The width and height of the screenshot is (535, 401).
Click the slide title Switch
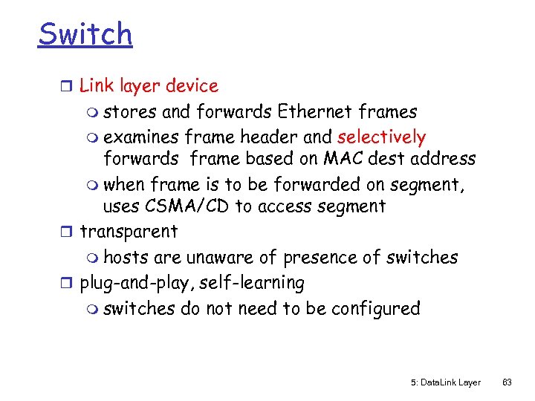click(x=85, y=34)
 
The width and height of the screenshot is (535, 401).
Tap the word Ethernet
click(x=311, y=112)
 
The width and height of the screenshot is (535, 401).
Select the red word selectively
click(x=381, y=137)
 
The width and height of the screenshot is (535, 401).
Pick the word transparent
click(x=129, y=232)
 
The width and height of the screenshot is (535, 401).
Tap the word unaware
click(x=219, y=258)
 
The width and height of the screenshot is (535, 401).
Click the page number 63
click(x=508, y=382)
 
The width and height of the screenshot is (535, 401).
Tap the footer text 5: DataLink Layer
click(x=445, y=382)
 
